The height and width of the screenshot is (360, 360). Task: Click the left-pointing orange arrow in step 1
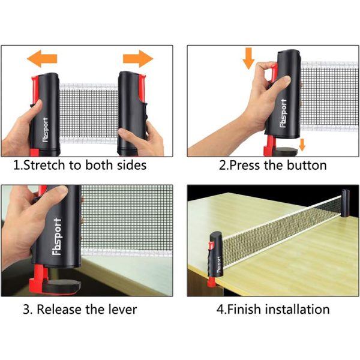[x=42, y=59]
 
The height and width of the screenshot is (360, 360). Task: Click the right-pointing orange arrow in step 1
[x=138, y=59]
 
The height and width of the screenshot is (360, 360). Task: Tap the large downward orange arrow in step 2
[x=248, y=59]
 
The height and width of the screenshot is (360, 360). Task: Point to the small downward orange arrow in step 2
[x=302, y=145]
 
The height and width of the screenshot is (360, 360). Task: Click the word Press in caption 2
[x=245, y=166]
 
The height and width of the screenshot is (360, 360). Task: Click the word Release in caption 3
[x=59, y=309]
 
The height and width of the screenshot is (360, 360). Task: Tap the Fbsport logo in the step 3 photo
[x=57, y=237]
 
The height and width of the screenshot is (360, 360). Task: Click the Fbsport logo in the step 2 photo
[x=284, y=113]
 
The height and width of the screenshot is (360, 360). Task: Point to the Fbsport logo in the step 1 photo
[x=46, y=130]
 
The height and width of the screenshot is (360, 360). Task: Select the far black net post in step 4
[x=345, y=203]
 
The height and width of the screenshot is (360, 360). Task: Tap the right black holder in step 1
[x=132, y=113]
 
